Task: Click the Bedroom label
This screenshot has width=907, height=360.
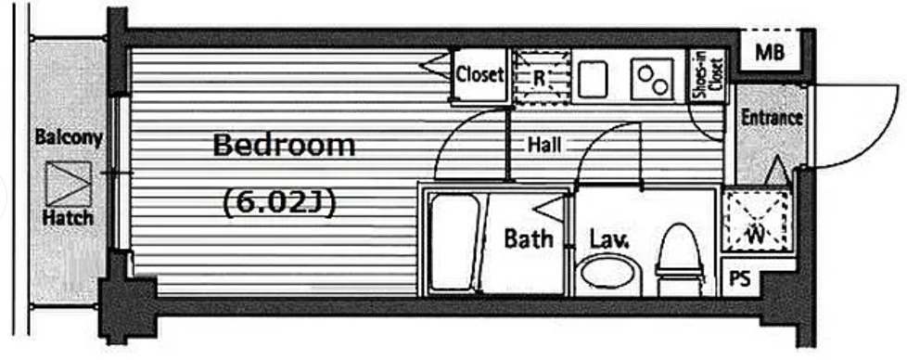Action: click(x=284, y=146)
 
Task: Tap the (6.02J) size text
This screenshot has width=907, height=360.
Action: click(x=279, y=203)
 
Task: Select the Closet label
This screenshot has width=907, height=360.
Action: click(x=480, y=75)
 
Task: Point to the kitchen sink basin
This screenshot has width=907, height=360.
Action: click(x=593, y=79)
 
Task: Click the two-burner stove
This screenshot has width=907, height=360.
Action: click(x=653, y=78)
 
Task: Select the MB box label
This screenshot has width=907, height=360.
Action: click(x=770, y=53)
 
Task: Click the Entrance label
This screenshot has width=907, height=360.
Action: click(x=773, y=118)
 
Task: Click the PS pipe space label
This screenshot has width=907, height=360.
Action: click(x=739, y=279)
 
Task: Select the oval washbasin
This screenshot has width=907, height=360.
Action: click(x=606, y=273)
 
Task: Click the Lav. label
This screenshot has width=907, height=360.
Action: click(x=609, y=239)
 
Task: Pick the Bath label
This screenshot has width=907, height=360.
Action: click(x=529, y=238)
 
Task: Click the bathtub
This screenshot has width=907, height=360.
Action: click(x=455, y=242)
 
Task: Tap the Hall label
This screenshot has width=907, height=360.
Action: click(x=544, y=145)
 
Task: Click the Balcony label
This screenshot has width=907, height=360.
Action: click(x=69, y=137)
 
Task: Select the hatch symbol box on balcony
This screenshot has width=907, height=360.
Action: click(x=69, y=184)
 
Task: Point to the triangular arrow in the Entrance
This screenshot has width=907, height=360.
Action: click(x=777, y=171)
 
